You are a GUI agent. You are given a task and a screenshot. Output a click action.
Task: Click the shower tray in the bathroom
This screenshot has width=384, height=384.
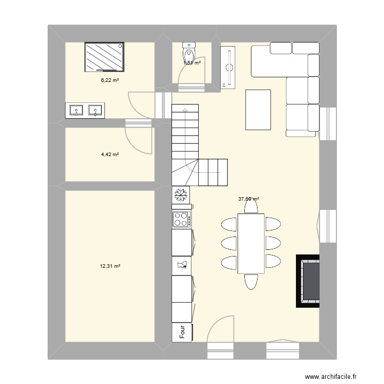104,57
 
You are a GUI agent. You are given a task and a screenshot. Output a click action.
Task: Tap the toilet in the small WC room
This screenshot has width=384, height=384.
189,52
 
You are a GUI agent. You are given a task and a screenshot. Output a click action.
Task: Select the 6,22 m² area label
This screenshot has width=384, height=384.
110,80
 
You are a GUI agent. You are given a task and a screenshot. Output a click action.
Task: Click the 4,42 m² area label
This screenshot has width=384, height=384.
110,154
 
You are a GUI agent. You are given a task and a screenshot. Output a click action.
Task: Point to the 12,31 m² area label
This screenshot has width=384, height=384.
110,266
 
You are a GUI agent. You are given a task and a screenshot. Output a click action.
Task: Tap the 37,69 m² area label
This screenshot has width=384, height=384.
248,200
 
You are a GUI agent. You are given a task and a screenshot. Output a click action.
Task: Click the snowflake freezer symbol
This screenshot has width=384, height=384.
181,195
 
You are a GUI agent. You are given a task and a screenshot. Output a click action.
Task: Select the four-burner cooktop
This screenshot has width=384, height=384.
181,220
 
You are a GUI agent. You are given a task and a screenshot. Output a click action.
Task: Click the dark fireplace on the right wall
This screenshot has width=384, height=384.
308,281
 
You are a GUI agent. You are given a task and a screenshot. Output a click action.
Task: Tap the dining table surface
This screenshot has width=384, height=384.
250,243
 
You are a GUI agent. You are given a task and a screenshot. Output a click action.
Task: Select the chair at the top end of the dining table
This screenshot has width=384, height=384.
250,206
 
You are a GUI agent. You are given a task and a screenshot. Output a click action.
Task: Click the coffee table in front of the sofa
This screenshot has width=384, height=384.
258,110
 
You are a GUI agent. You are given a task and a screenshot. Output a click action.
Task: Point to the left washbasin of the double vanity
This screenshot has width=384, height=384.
76,110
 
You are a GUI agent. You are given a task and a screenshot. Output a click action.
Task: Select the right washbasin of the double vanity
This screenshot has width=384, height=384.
95,110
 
